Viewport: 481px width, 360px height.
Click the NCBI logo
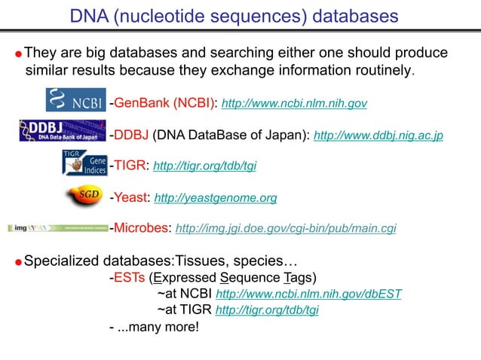pyautogui.click(x=77, y=100)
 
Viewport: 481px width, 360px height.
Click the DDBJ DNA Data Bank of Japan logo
pyautogui.click(x=63, y=131)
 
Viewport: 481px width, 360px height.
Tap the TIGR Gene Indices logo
pyautogui.click(x=84, y=163)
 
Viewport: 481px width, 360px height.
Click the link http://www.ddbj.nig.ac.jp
pyautogui.click(x=378, y=136)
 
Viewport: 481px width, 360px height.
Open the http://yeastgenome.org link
pyautogui.click(x=215, y=198)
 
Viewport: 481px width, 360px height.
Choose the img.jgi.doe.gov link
pyautogui.click(x=285, y=227)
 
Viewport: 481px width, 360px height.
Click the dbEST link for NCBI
pyautogui.click(x=308, y=294)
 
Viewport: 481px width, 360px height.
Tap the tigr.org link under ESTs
pyautogui.click(x=267, y=310)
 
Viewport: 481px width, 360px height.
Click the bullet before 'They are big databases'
pyautogui.click(x=19, y=55)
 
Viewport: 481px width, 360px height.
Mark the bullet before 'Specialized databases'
pyautogui.click(x=19, y=263)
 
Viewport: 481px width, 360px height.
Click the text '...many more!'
pyautogui.click(x=157, y=328)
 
